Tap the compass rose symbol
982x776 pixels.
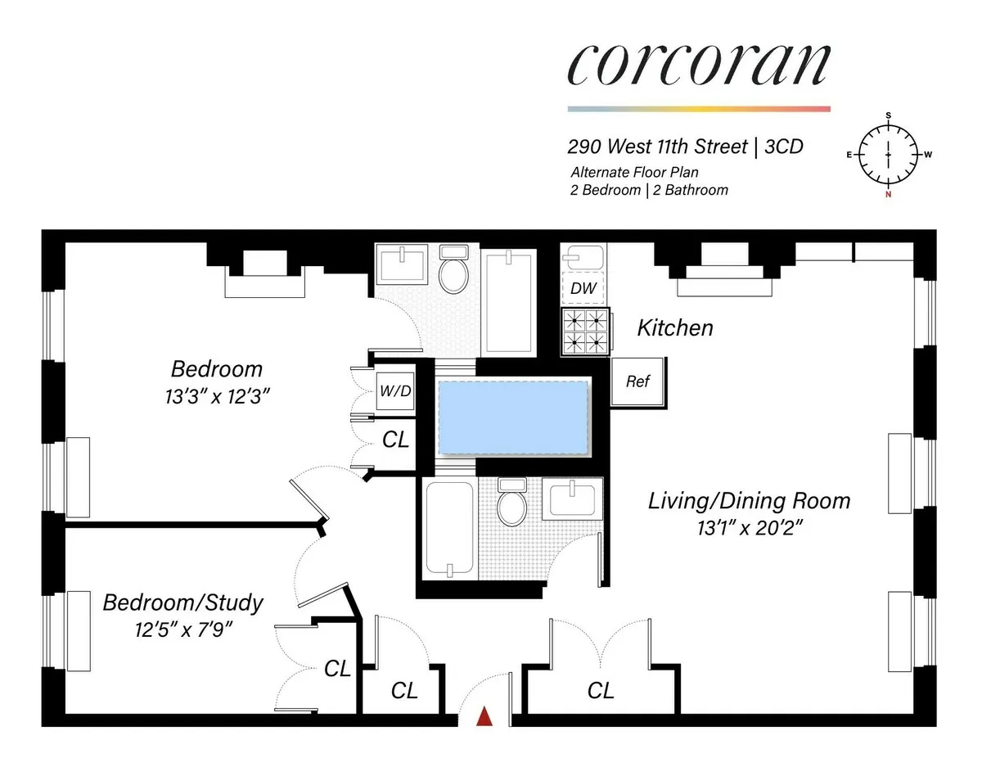click(889, 155)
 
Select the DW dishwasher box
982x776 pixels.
click(583, 288)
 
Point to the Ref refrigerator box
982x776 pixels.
click(637, 381)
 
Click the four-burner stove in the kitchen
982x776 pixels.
click(586, 332)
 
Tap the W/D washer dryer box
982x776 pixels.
click(394, 391)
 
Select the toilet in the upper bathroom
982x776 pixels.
click(453, 271)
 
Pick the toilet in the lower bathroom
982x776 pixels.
click(512, 503)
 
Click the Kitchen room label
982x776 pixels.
click(675, 328)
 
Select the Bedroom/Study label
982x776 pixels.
click(182, 603)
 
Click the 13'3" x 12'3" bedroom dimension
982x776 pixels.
click(216, 396)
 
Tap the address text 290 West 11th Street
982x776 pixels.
click(658, 147)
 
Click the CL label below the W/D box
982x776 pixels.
click(396, 440)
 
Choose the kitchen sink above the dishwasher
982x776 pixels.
click(583, 258)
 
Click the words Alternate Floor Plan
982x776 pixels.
click(634, 173)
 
